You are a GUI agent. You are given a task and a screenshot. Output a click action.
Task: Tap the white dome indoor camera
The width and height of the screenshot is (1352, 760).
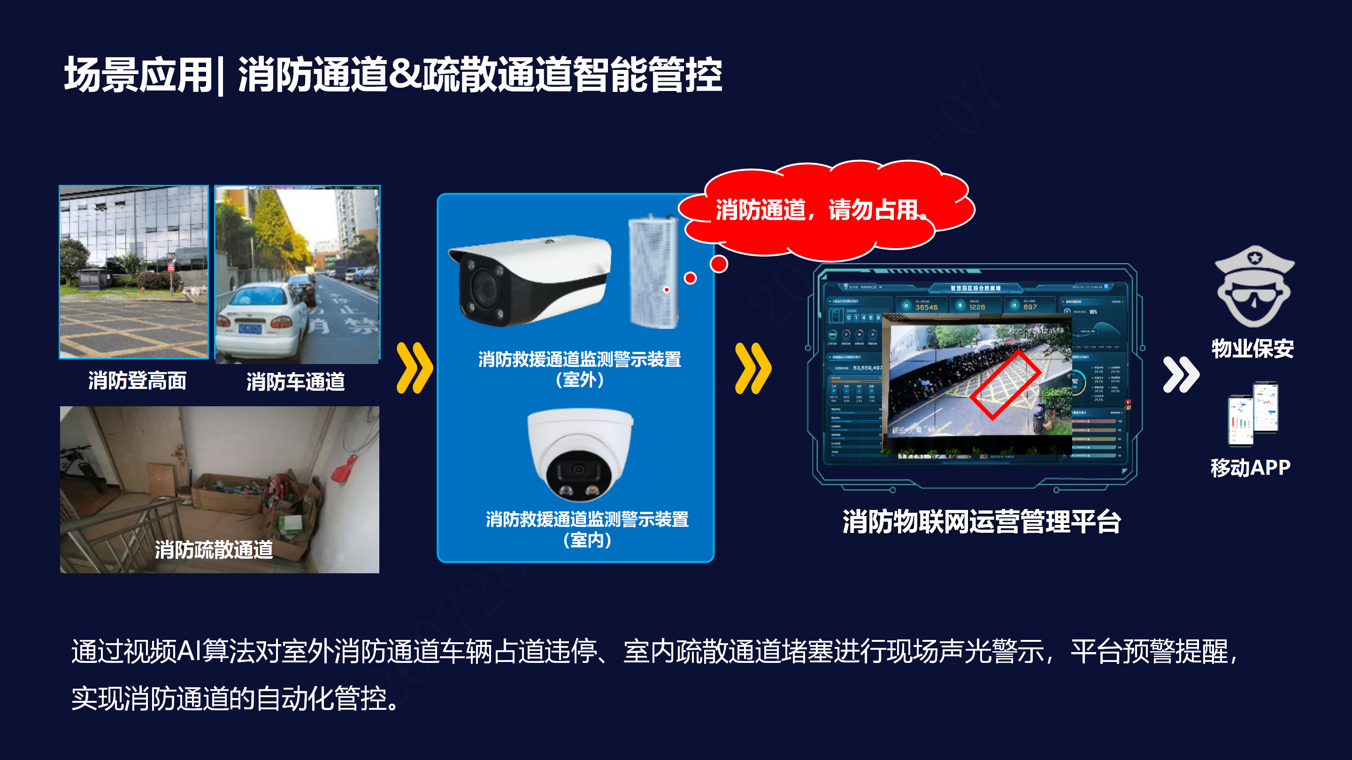pyautogui.click(x=580, y=454)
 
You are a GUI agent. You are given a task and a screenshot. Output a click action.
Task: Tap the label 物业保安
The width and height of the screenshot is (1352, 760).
pyautogui.click(x=1252, y=349)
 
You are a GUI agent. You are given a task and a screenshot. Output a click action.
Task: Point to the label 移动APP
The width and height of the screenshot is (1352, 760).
pyautogui.click(x=1250, y=467)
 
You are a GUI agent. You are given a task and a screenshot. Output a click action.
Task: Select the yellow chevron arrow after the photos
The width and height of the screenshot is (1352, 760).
pyautogui.click(x=415, y=368)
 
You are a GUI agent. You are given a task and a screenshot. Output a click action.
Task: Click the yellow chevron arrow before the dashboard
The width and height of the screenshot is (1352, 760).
pyautogui.click(x=753, y=368)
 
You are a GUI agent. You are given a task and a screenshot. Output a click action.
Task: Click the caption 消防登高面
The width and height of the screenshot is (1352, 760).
pyautogui.click(x=137, y=381)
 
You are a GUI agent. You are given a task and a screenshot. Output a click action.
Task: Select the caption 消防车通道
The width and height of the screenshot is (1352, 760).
pyautogui.click(x=295, y=382)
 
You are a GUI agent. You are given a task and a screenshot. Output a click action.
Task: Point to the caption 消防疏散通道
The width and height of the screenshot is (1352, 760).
pyautogui.click(x=214, y=550)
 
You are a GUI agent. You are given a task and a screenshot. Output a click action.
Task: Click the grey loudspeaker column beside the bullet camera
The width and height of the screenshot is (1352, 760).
pyautogui.click(x=653, y=273)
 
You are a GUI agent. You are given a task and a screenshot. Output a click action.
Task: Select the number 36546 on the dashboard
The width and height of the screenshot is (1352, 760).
pyautogui.click(x=926, y=307)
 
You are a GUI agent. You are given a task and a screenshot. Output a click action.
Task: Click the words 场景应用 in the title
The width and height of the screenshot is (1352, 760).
pyautogui.click(x=138, y=75)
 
